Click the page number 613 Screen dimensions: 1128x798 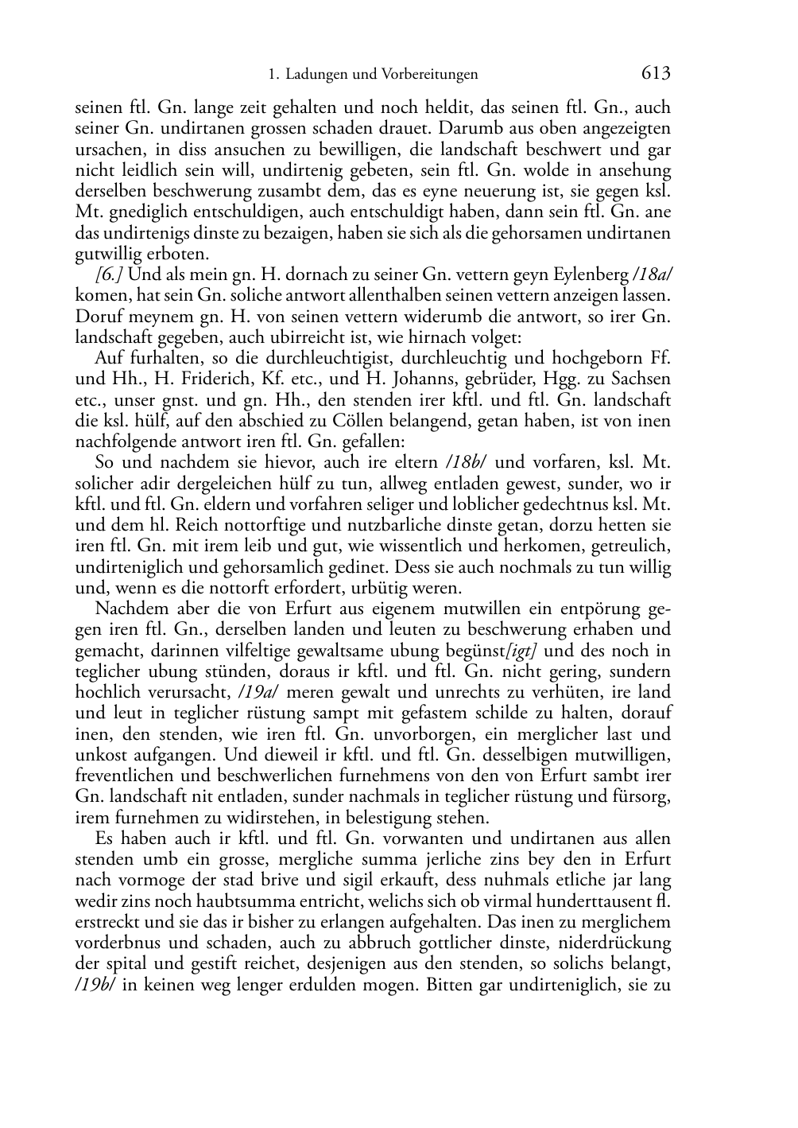[x=655, y=73]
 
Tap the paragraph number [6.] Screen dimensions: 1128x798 [x=109, y=274]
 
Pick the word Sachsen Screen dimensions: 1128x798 [x=641, y=379]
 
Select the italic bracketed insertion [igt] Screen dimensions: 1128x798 [x=525, y=651]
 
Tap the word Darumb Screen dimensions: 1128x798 [x=466, y=128]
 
